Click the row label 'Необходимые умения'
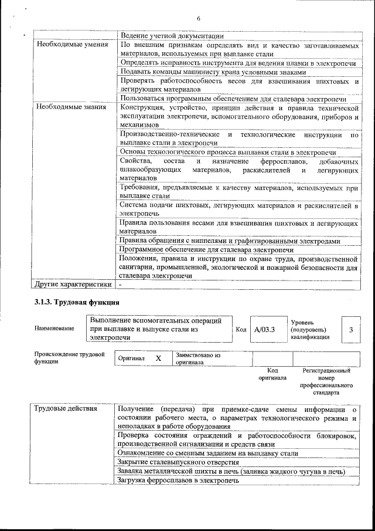click(72, 44)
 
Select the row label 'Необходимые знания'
click(71, 107)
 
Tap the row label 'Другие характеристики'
click(73, 285)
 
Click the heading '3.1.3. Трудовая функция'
click(77, 303)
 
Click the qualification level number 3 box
click(351, 330)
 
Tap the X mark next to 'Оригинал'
click(158, 357)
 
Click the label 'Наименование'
click(54, 329)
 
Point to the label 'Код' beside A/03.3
click(240, 329)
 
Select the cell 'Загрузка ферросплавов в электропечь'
click(178, 481)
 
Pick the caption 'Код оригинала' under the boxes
click(272, 374)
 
